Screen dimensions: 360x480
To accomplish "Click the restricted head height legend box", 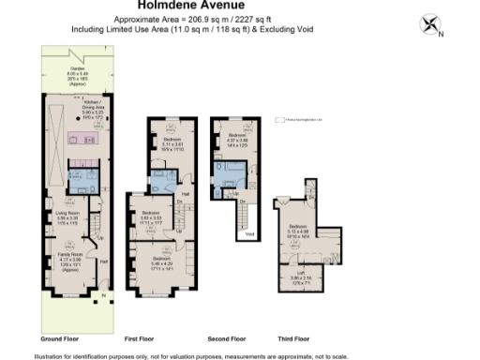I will coord(277,120).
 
